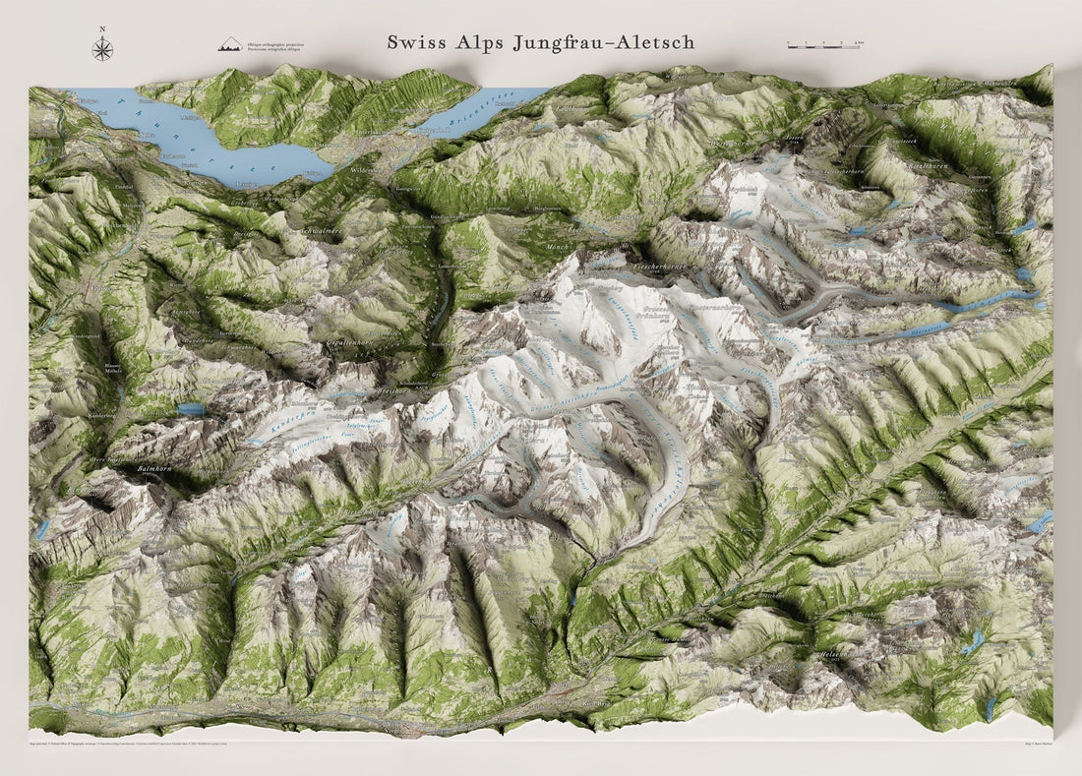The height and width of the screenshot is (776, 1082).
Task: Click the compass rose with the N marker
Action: (x=102, y=47)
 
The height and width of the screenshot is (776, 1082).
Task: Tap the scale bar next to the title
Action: (x=825, y=44)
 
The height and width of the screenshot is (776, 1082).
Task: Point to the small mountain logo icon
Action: (x=230, y=44)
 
